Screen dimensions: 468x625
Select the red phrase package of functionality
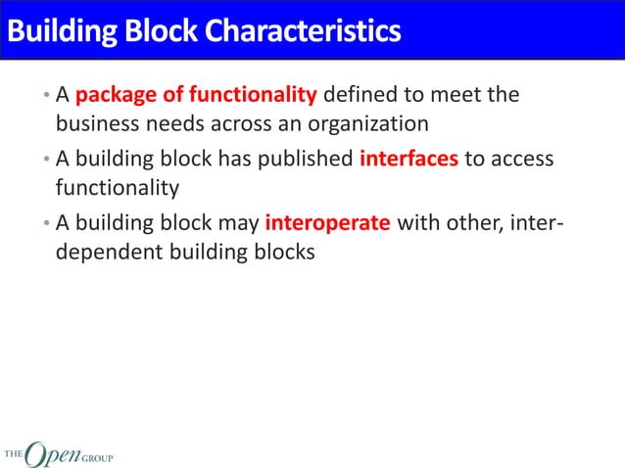click(x=196, y=95)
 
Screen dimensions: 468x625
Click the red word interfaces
click(x=409, y=159)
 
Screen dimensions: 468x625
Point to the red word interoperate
click(x=328, y=221)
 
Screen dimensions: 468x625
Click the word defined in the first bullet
click(x=358, y=95)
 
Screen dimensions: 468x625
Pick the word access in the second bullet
click(x=520, y=159)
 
